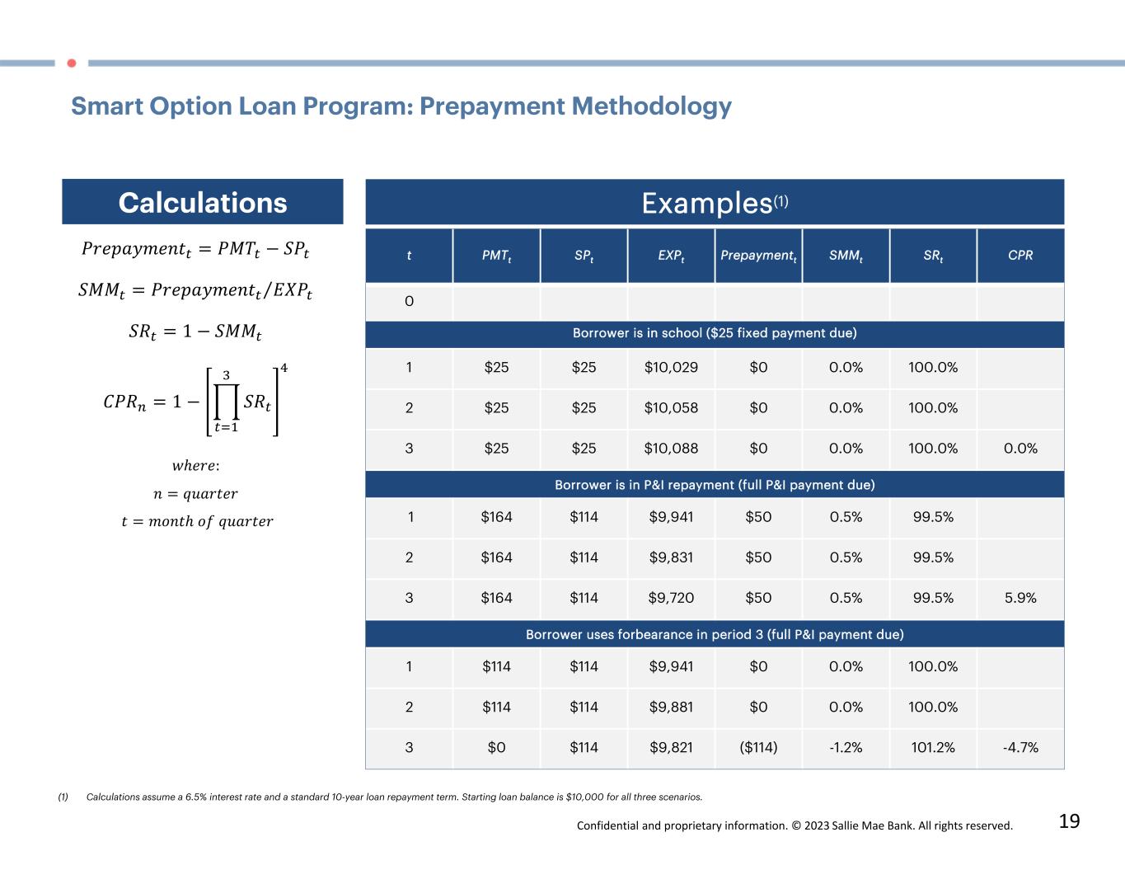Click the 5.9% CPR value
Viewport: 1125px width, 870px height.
tap(1020, 598)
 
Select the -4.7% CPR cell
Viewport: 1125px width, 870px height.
tap(1020, 748)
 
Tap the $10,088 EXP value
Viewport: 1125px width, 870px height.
tap(671, 449)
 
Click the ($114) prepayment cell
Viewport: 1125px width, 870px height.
tap(758, 748)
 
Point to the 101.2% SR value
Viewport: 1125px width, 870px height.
tap(933, 748)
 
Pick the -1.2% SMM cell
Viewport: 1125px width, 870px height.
tap(846, 748)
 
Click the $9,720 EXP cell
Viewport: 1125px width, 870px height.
tap(671, 598)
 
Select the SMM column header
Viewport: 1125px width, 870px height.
tap(846, 256)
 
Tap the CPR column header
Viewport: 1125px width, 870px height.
tap(1020, 256)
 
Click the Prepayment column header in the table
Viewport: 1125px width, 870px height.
tap(758, 256)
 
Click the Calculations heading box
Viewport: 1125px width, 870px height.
tap(203, 202)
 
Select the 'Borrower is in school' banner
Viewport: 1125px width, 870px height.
tap(715, 333)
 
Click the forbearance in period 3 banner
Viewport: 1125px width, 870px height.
tap(715, 635)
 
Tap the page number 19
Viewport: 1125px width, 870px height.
tap(1069, 821)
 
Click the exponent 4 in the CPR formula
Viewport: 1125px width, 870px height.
tap(284, 368)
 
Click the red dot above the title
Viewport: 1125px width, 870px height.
tap(72, 63)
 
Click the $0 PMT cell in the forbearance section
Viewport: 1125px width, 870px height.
tap(496, 748)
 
